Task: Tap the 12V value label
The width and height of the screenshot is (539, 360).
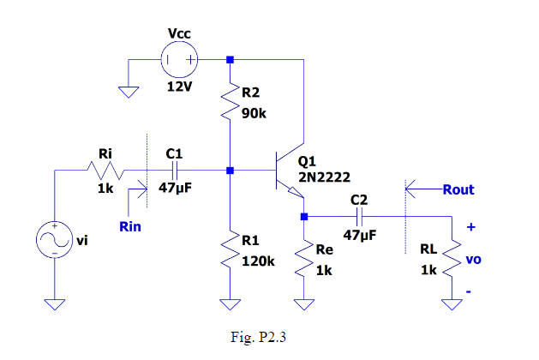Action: [179, 87]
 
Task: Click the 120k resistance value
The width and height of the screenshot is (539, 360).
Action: [258, 260]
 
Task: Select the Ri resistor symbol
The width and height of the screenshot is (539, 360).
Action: [106, 171]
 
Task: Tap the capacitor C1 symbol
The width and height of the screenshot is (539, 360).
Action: [174, 171]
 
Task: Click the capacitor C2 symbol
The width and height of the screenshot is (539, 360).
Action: [359, 216]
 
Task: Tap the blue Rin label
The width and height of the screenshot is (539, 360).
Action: [131, 227]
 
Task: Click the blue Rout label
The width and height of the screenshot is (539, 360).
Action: [458, 189]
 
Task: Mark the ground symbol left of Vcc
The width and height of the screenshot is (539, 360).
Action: [129, 92]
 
